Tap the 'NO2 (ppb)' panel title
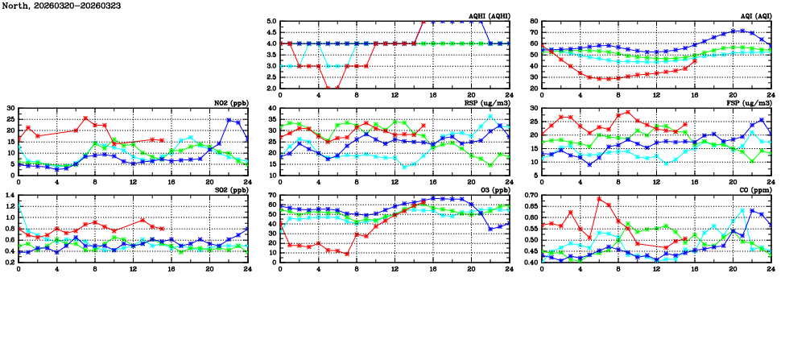[231, 103]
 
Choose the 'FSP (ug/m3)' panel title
[748, 103]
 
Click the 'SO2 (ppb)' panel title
[231, 190]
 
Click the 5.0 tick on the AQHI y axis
[271, 22]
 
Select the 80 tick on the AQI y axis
[534, 22]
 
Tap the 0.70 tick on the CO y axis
[530, 196]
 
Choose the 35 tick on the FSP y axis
[534, 109]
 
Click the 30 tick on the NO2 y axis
[10, 109]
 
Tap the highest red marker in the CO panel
[599, 199]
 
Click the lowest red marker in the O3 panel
[347, 254]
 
